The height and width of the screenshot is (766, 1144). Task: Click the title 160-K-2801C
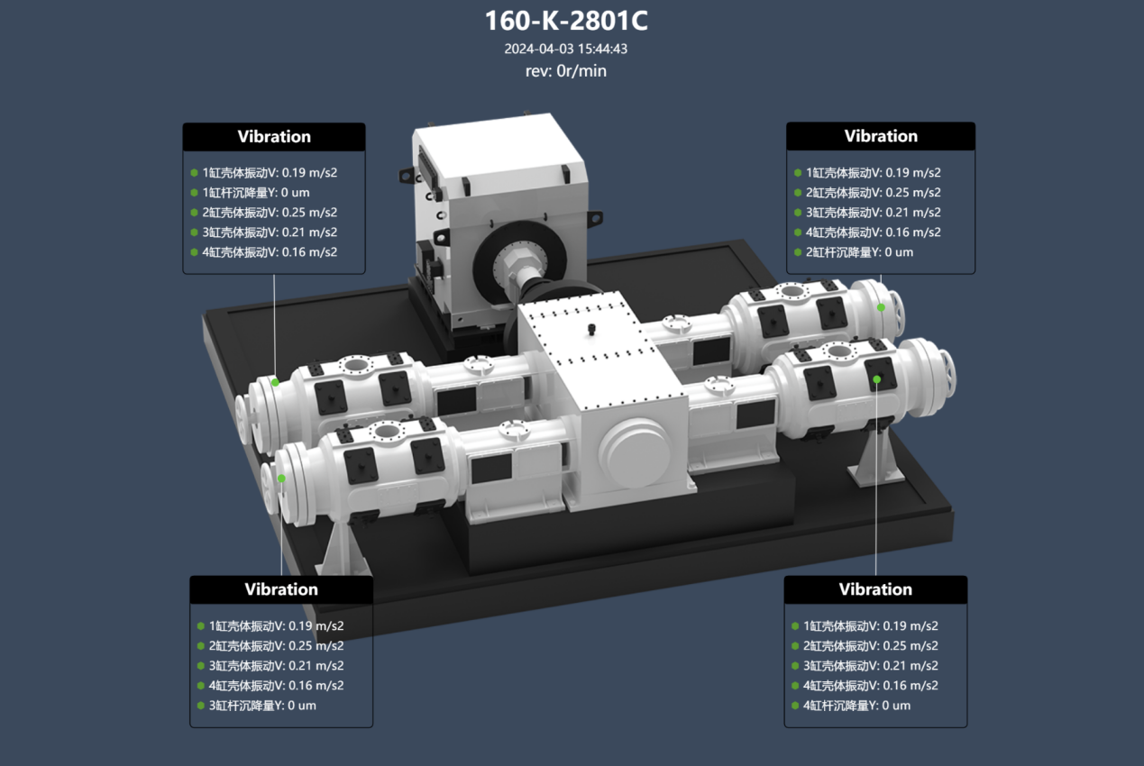pos(566,21)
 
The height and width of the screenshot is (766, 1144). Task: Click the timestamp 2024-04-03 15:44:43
pos(566,49)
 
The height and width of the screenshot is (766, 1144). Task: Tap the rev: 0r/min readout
pos(566,71)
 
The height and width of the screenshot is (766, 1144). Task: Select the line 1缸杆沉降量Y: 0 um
pos(256,193)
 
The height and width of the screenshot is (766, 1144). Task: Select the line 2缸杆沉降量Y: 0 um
pos(859,252)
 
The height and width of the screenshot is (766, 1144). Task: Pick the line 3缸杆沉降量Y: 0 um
pos(262,706)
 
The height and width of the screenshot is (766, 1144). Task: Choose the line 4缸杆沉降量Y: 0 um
pos(857,706)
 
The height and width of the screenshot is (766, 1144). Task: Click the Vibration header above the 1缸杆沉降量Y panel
pos(274,137)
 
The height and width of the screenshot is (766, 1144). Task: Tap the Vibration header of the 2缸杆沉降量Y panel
pos(881,136)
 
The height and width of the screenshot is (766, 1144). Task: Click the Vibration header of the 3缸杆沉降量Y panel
pos(281,589)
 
